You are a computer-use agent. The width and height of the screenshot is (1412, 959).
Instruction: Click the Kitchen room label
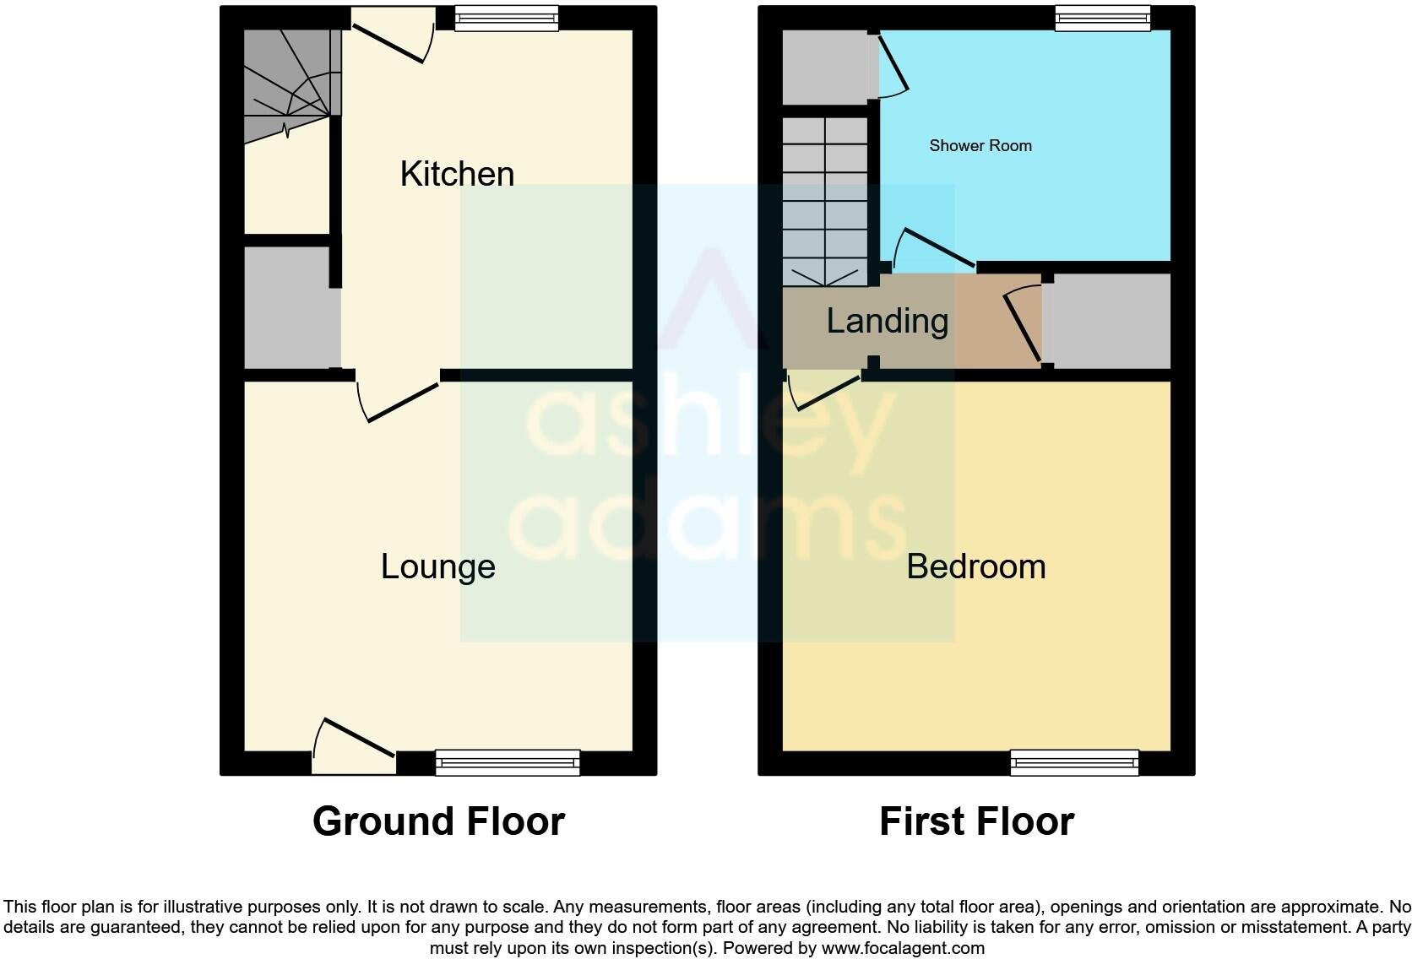pyautogui.click(x=457, y=174)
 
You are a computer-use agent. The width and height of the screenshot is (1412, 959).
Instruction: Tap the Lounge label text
pyautogui.click(x=437, y=566)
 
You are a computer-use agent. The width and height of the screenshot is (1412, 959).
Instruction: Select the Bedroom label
pyautogui.click(x=975, y=566)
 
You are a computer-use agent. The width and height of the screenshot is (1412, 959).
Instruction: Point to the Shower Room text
pyautogui.click(x=980, y=146)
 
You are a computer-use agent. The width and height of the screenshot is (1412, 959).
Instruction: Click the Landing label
pyautogui.click(x=887, y=322)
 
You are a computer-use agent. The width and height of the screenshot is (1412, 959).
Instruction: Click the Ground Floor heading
pyautogui.click(x=438, y=821)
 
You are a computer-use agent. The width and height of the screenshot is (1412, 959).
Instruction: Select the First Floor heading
pyautogui.click(x=976, y=821)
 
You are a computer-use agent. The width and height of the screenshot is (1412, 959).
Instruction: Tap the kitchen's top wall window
pyautogui.click(x=506, y=19)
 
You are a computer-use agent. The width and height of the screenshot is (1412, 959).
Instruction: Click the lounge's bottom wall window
pyautogui.click(x=508, y=762)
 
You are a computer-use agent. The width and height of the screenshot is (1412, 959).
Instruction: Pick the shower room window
pyautogui.click(x=1103, y=19)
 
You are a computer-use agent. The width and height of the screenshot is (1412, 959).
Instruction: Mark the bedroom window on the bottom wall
pyautogui.click(x=1074, y=762)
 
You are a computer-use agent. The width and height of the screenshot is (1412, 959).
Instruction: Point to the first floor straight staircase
pyautogui.click(x=825, y=203)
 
